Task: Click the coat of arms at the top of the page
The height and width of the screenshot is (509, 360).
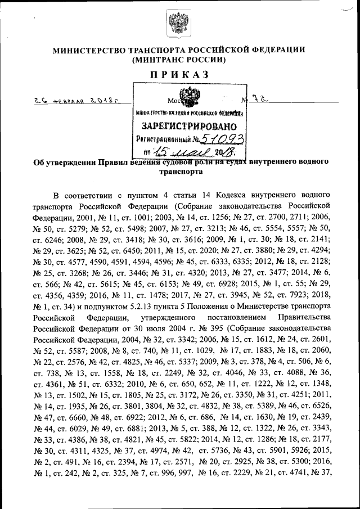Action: (179, 26)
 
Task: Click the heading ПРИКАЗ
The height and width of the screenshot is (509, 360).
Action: (179, 75)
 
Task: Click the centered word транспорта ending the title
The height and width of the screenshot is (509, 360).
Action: (179, 174)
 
